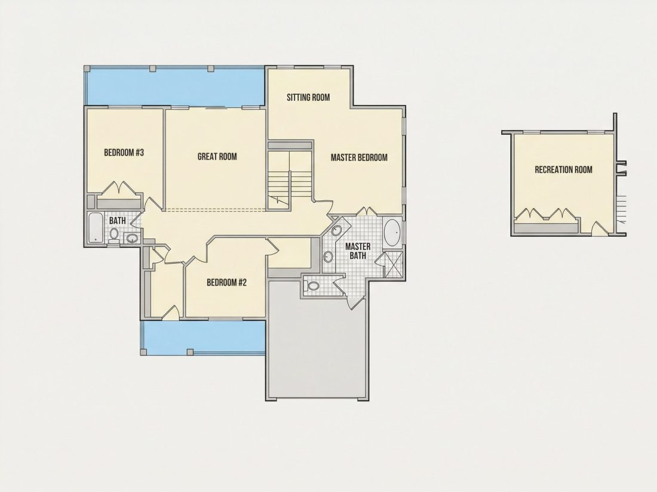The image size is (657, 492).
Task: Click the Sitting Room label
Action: pos(308,97)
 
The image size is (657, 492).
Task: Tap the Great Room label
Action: pos(217,156)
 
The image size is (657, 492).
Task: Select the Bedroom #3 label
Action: pos(124,152)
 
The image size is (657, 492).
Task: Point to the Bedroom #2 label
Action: pos(227,283)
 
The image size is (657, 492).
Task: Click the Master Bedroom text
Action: pos(359,157)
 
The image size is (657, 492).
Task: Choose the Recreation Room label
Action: pos(564,169)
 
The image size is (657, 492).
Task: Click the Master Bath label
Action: pos(357,251)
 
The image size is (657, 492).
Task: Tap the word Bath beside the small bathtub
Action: pos(117,220)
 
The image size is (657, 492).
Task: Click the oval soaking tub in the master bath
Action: pos(392,233)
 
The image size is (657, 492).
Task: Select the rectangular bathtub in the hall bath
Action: pos(96,228)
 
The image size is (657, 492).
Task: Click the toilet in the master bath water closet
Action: pos(312,287)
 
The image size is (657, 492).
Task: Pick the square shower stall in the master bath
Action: pos(394,264)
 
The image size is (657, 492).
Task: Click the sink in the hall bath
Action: pos(132,239)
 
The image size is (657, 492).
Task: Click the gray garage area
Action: pos(318,339)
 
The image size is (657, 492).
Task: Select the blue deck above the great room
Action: pos(175,86)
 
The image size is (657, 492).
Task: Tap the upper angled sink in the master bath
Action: pos(337,231)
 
